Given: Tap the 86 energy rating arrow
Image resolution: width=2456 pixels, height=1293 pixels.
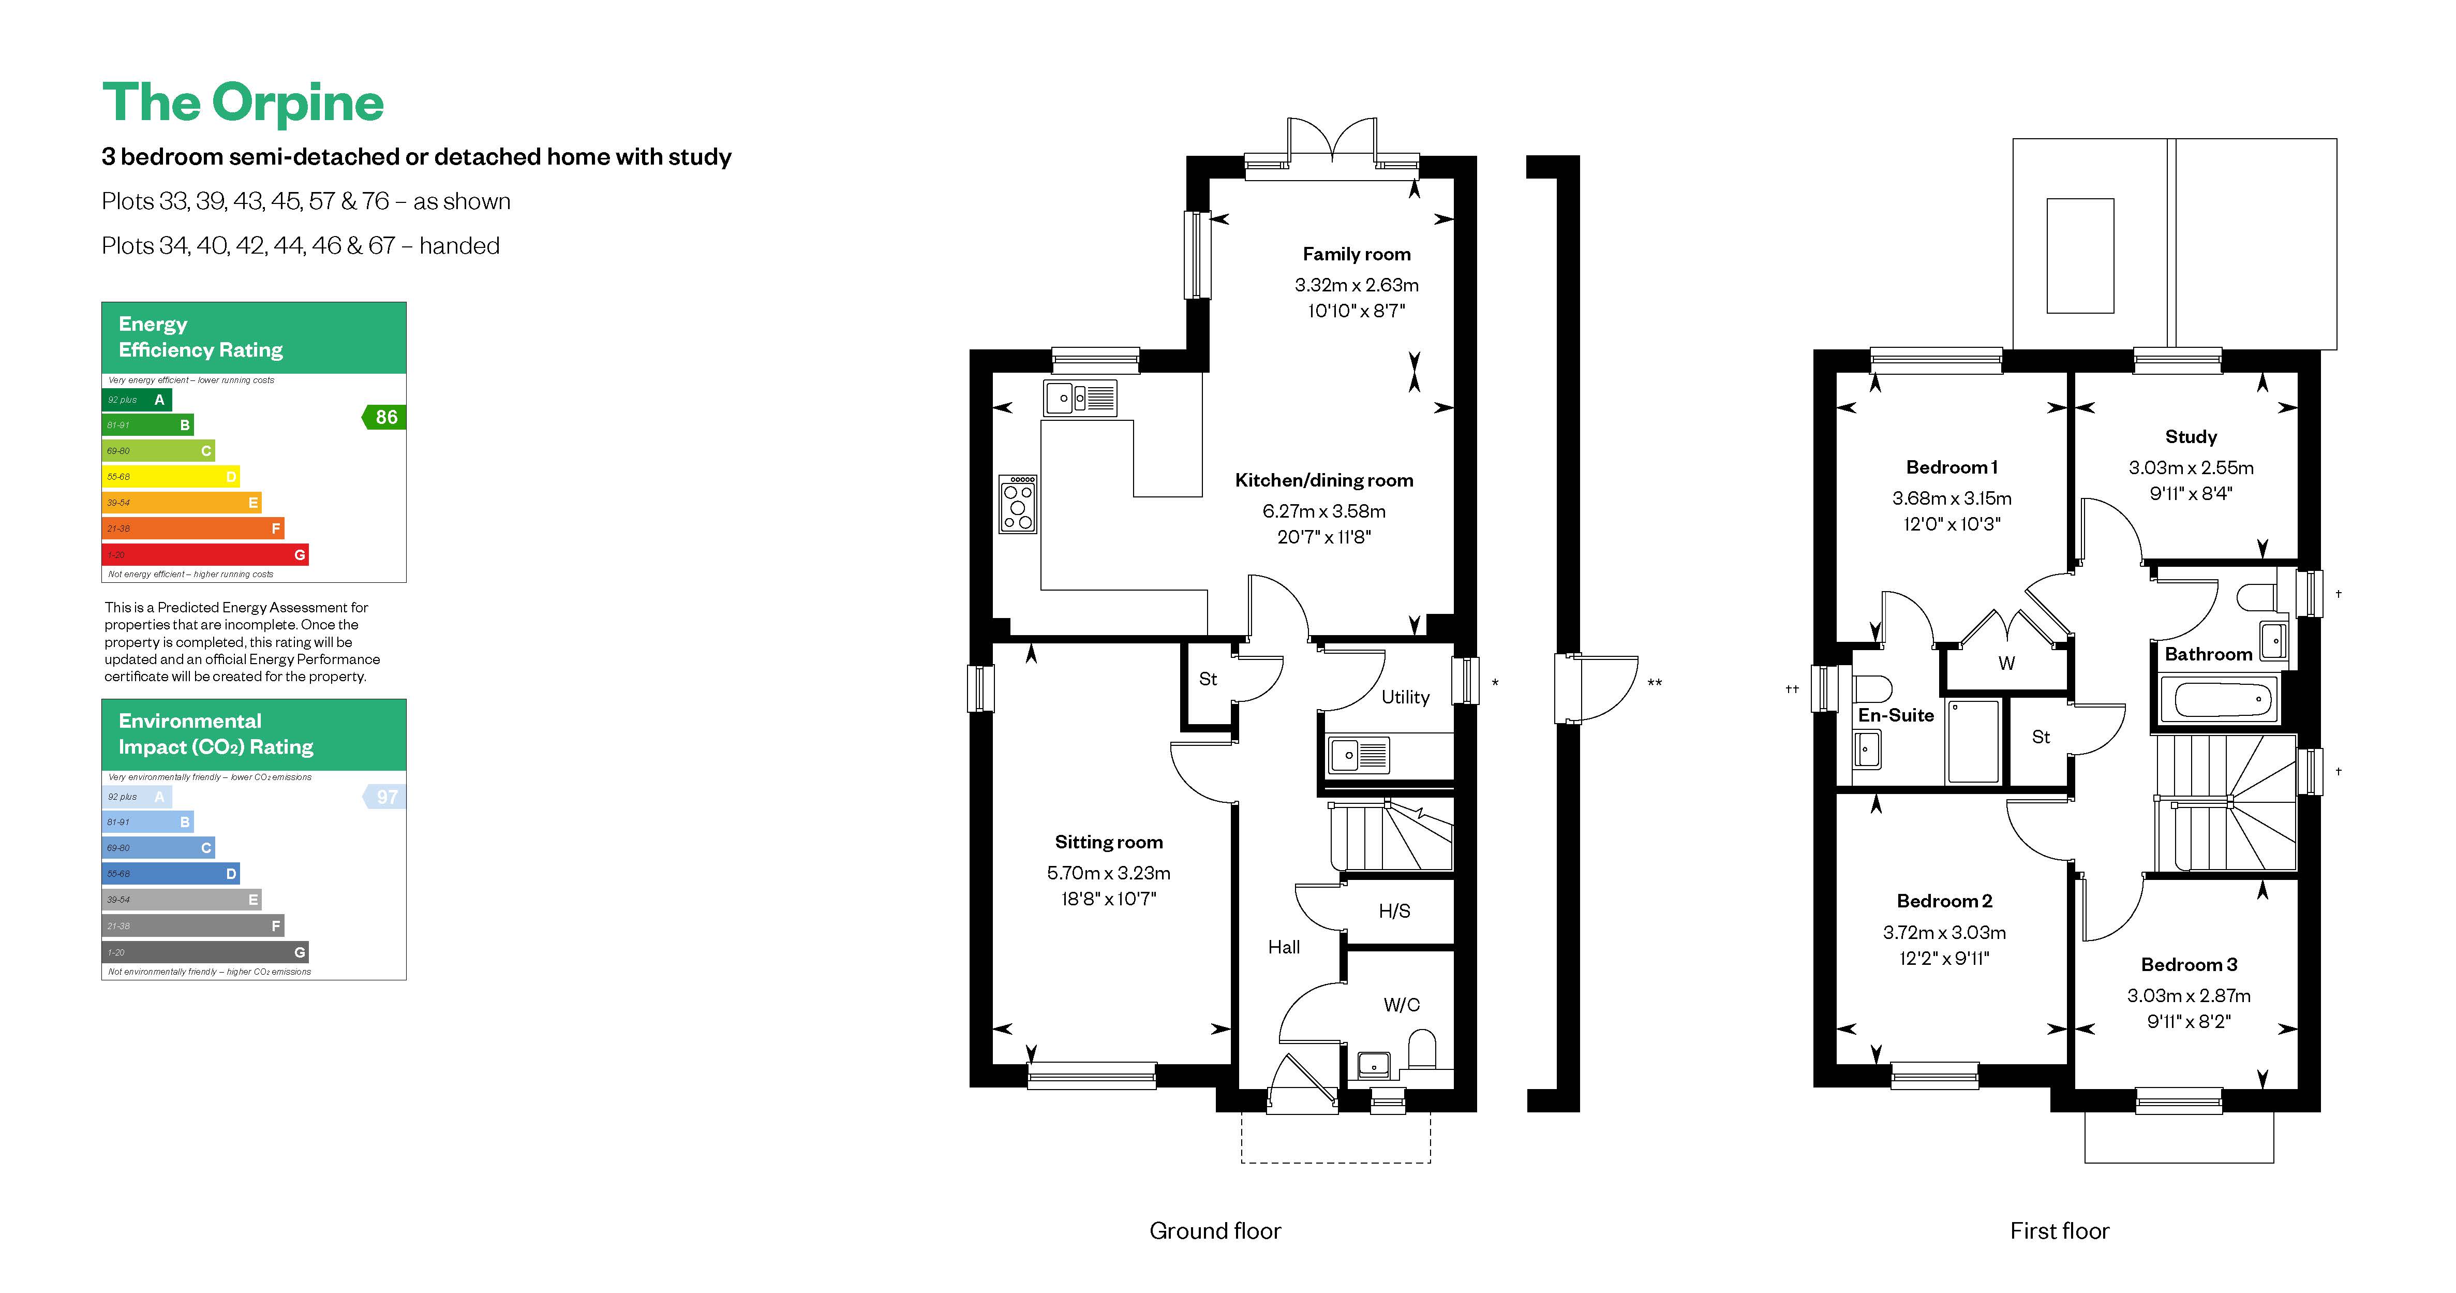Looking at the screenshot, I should [385, 417].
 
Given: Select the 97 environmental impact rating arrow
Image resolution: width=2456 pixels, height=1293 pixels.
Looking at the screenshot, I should [385, 796].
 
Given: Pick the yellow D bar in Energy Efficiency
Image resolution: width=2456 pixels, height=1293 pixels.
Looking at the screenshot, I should [170, 476].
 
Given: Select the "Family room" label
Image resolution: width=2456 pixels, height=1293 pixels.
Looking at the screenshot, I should [1356, 254].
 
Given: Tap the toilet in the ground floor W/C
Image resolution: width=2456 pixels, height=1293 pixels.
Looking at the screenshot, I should [1422, 1049].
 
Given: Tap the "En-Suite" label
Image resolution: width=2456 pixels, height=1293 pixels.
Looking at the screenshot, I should [1895, 715].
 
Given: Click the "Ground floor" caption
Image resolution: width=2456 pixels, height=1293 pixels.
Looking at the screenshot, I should [1215, 1231].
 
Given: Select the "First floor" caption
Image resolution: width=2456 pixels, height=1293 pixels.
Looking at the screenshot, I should [2059, 1231].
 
